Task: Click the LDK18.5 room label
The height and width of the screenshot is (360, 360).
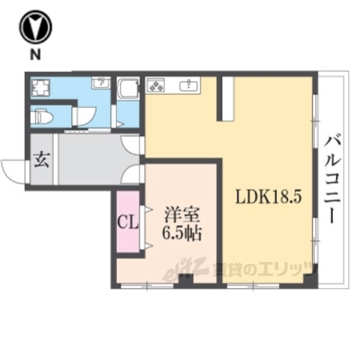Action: [268, 198]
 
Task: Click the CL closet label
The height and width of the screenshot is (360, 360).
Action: [127, 223]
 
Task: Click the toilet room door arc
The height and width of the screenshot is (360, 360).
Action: [81, 117]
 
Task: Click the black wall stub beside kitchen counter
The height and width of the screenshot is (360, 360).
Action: [225, 97]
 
